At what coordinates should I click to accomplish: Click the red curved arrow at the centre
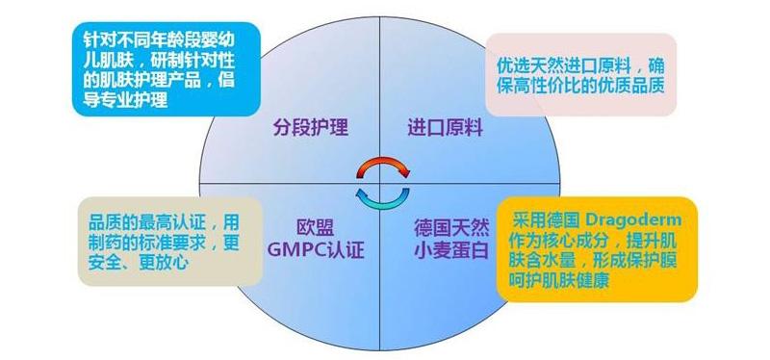pos(382,166)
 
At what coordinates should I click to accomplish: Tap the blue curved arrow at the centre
pos(382,195)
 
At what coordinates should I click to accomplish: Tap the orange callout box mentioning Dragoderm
pos(595,249)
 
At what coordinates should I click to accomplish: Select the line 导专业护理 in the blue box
pos(125,99)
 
